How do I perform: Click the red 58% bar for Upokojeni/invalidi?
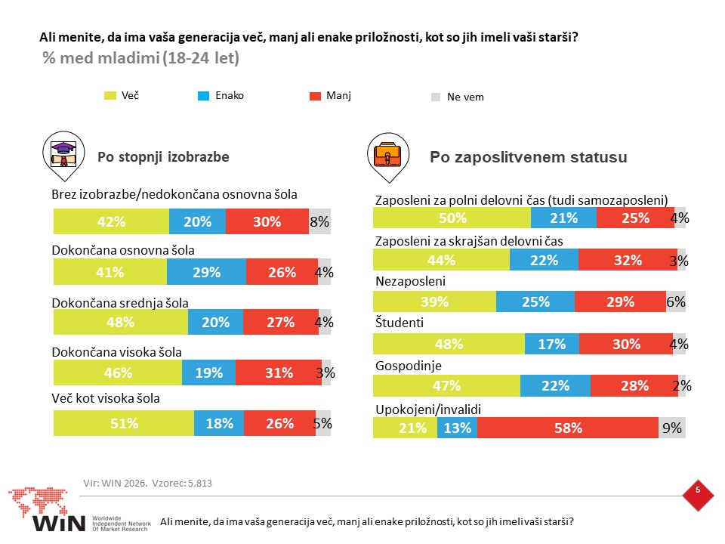pos(568,428)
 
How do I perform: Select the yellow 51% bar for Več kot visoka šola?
pos(124,423)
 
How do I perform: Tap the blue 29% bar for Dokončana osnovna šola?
pos(206,271)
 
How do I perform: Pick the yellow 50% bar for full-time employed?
pos(452,218)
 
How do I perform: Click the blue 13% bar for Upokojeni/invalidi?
pos(458,428)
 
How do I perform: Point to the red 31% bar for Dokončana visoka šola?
pos(279,372)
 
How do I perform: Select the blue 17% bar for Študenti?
pos(551,344)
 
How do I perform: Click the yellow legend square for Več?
pos(110,96)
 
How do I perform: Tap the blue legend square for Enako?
pos(203,96)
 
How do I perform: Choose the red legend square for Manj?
pos(315,96)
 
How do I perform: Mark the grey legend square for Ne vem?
pos(436,97)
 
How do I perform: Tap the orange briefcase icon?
pos(388,154)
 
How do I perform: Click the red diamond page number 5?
pos(698,495)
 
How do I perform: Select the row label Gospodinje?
pos(409,366)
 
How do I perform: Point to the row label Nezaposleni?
pos(411,281)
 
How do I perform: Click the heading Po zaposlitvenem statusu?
pos(529,157)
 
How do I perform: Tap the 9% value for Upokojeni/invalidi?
pos(672,428)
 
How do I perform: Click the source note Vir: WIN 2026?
pos(115,483)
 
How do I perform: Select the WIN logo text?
pos(59,523)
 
